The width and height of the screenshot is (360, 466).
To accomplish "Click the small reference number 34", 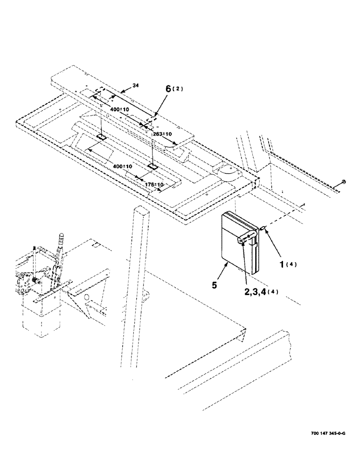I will tap(135, 85).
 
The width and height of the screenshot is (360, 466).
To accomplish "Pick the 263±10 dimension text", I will tap(163, 134).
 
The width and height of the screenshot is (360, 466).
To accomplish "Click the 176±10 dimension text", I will tap(154, 185).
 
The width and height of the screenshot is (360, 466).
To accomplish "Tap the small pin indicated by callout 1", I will tap(263, 228).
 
